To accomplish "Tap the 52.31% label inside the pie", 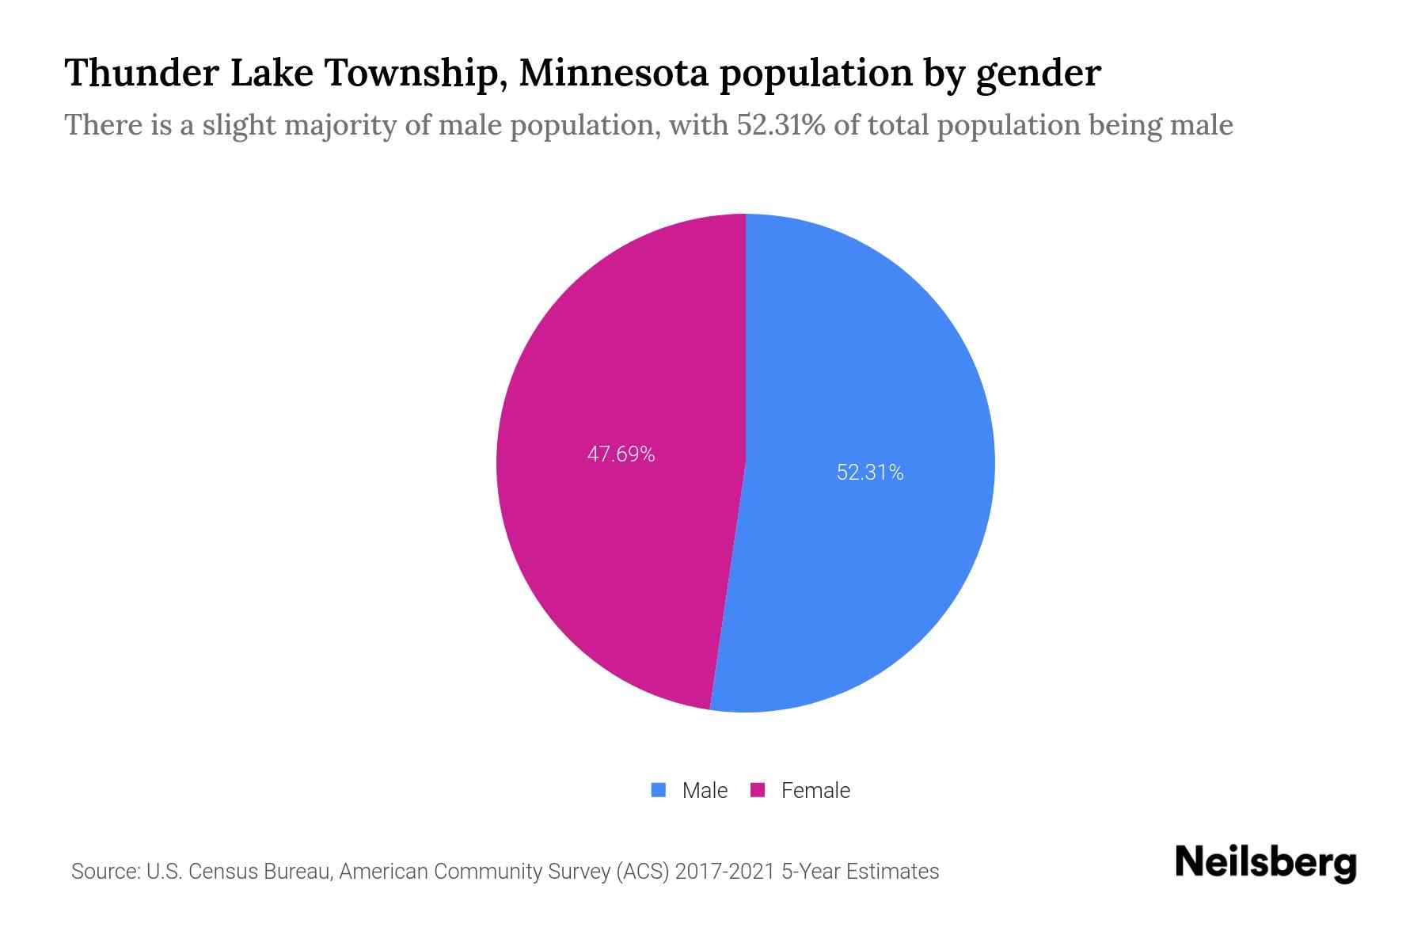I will pos(870,473).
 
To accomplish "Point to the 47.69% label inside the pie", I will pos(621,454).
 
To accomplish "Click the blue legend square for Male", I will pos(658,790).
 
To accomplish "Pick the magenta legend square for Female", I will pos(758,790).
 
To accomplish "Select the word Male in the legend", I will pos(705,790).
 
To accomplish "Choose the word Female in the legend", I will pos(815,790).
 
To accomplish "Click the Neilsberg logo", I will pos(1265,863).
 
